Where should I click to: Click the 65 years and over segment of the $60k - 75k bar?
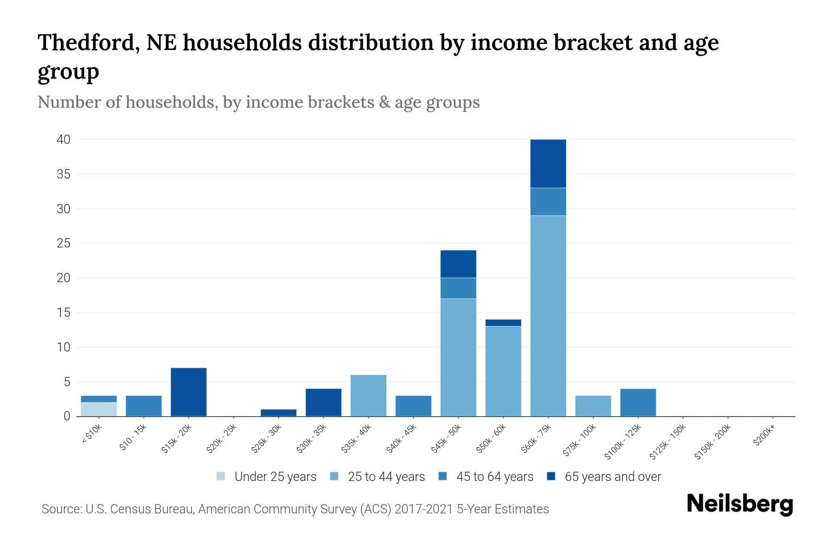point(548,164)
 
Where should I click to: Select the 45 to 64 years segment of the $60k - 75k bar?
point(548,202)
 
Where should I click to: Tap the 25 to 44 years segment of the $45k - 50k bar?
point(458,357)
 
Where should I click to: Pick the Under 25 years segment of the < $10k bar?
point(99,409)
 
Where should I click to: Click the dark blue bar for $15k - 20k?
point(188,392)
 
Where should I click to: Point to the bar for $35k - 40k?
point(368,395)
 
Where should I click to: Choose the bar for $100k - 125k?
point(638,402)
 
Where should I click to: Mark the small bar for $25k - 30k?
point(278,413)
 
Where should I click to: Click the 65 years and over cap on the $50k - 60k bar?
point(503,323)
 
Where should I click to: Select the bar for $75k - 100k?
point(593,406)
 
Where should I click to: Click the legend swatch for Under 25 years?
point(221,476)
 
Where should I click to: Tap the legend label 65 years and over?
point(613,476)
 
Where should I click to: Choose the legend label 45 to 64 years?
point(495,476)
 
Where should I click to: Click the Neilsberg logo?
point(740,504)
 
